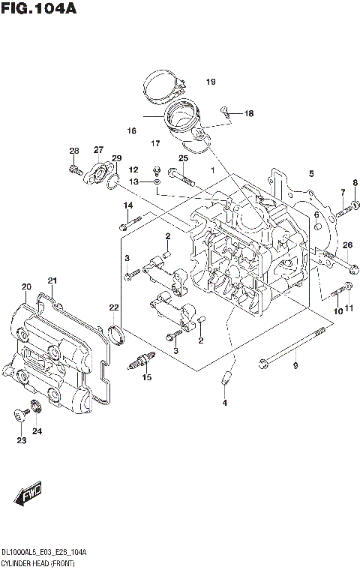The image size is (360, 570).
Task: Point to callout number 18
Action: [248, 114]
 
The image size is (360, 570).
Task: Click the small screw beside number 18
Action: [224, 112]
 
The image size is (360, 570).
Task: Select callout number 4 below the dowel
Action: [223, 403]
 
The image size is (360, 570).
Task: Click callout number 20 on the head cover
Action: [26, 286]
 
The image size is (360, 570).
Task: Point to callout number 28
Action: [74, 150]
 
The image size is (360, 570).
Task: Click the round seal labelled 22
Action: [115, 334]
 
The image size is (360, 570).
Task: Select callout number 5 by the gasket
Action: [310, 174]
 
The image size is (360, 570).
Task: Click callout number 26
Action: [347, 245]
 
